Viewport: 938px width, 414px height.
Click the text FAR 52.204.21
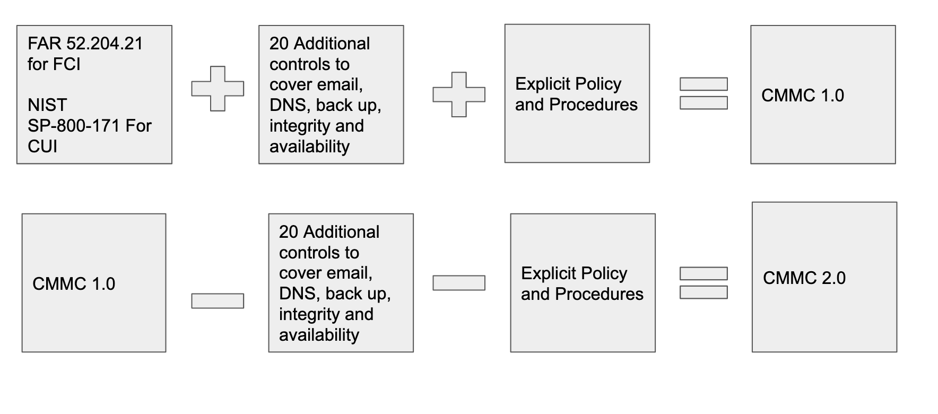click(x=85, y=44)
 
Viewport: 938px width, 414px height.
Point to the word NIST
click(x=47, y=105)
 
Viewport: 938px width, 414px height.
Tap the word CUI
click(x=42, y=146)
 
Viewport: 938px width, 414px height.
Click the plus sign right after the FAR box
click(x=218, y=89)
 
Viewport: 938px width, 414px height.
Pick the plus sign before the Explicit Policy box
click(x=459, y=94)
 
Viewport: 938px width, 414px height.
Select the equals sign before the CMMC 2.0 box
click(x=703, y=283)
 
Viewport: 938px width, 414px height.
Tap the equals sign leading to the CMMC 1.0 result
click(x=703, y=93)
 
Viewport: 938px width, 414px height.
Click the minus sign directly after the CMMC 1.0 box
click(x=218, y=301)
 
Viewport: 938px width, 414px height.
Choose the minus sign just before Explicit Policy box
click(x=459, y=283)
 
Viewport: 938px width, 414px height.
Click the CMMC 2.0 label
click(x=804, y=278)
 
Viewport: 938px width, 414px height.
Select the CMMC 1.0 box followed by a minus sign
click(x=94, y=283)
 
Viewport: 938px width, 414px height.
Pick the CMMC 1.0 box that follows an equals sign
click(x=823, y=94)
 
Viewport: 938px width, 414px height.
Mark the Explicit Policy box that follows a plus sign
click(x=577, y=93)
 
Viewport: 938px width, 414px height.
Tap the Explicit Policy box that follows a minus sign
click(x=583, y=283)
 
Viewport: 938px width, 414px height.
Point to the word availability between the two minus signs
click(x=319, y=335)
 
